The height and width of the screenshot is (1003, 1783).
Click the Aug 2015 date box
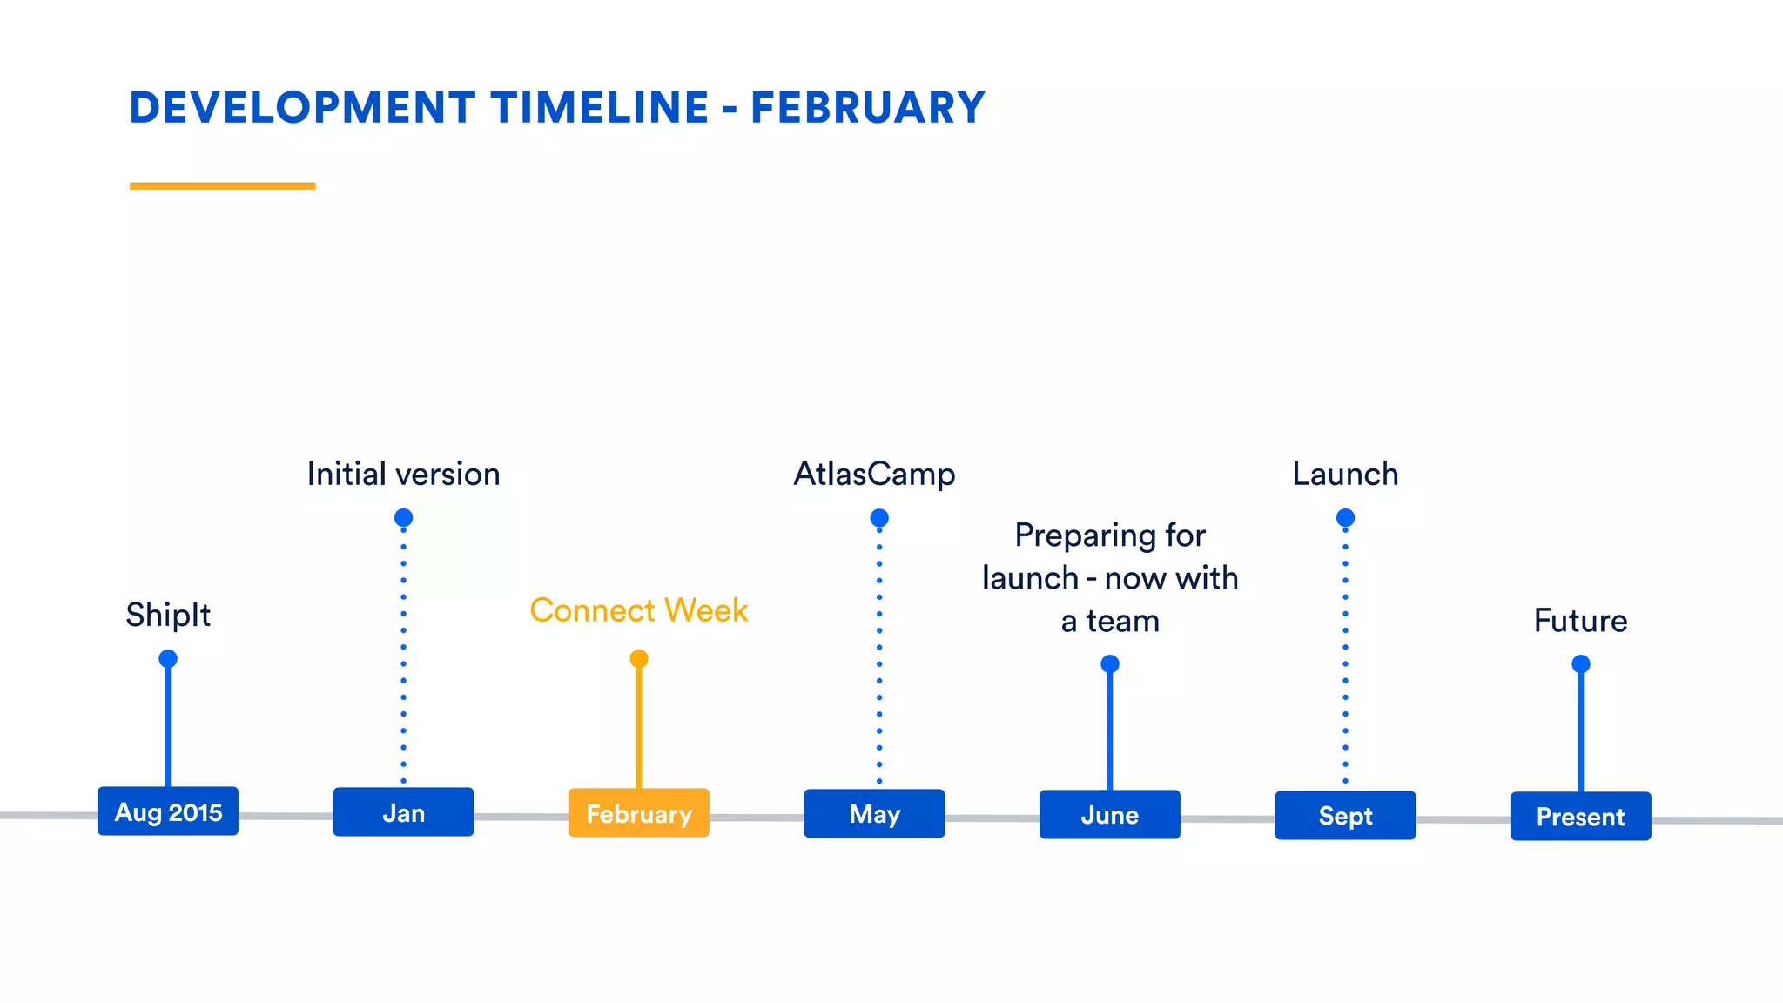(168, 811)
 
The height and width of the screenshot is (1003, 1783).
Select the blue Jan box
(403, 812)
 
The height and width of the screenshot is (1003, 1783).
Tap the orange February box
(639, 813)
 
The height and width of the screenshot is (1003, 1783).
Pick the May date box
(874, 814)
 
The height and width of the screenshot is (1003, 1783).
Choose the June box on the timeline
(1110, 815)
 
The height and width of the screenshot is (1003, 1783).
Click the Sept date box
(1345, 816)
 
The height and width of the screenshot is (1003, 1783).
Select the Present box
(1580, 817)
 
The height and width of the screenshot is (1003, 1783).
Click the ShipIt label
(168, 615)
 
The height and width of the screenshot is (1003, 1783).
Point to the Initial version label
(403, 475)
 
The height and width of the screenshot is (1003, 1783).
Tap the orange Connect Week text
(639, 610)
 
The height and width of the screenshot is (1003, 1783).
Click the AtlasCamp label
(874, 475)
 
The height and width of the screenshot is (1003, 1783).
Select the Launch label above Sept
(1345, 475)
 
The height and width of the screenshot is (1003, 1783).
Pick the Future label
(1580, 621)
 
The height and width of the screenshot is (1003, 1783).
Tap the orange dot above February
(639, 658)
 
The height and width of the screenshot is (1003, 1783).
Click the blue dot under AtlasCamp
(879, 518)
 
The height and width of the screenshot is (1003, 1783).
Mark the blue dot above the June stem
(1110, 664)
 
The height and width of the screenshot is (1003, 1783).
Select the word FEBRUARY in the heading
(867, 108)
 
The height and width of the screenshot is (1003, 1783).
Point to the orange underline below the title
(222, 185)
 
